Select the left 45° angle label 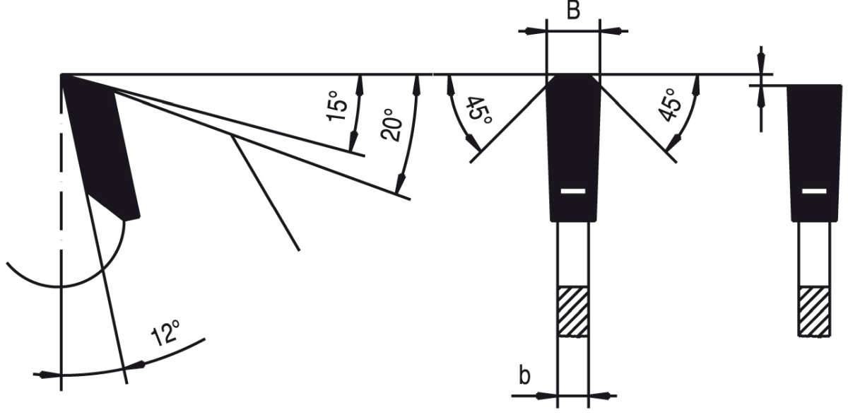tap(476, 111)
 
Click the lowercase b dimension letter tap(524, 375)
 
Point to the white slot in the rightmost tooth tap(814, 192)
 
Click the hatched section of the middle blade tap(573, 311)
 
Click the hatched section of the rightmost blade tap(814, 311)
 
